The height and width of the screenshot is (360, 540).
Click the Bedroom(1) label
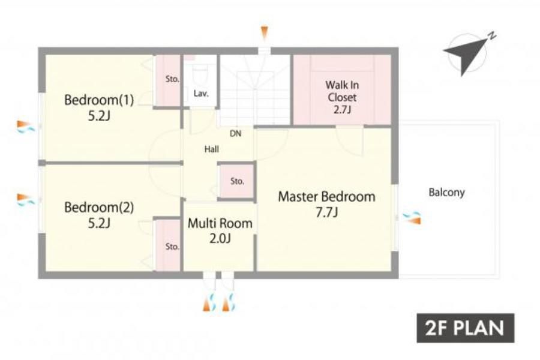pyautogui.click(x=99, y=100)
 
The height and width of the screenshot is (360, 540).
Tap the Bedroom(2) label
pyautogui.click(x=99, y=208)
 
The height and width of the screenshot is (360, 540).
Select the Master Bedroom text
pyautogui.click(x=326, y=196)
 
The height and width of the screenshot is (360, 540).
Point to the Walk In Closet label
pyautogui.click(x=342, y=91)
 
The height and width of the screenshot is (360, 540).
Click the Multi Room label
pyautogui.click(x=220, y=223)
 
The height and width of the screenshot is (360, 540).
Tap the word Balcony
pyautogui.click(x=446, y=192)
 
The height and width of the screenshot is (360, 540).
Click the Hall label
pyautogui.click(x=211, y=149)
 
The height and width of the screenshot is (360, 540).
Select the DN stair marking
pyautogui.click(x=236, y=133)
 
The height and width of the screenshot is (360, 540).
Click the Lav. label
pyautogui.click(x=201, y=94)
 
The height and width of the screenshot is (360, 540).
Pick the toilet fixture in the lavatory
pyautogui.click(x=200, y=74)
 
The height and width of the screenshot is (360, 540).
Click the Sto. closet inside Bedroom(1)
pyautogui.click(x=168, y=81)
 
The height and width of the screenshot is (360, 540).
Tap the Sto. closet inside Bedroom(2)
pyautogui.click(x=168, y=245)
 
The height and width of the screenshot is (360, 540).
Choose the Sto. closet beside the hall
pyautogui.click(x=237, y=181)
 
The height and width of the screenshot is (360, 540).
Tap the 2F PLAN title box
pyautogui.click(x=465, y=328)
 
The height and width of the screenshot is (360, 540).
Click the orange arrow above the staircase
pyautogui.click(x=264, y=33)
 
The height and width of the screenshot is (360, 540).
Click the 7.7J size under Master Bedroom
pyautogui.click(x=326, y=212)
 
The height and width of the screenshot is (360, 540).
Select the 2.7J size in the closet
pyautogui.click(x=342, y=110)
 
